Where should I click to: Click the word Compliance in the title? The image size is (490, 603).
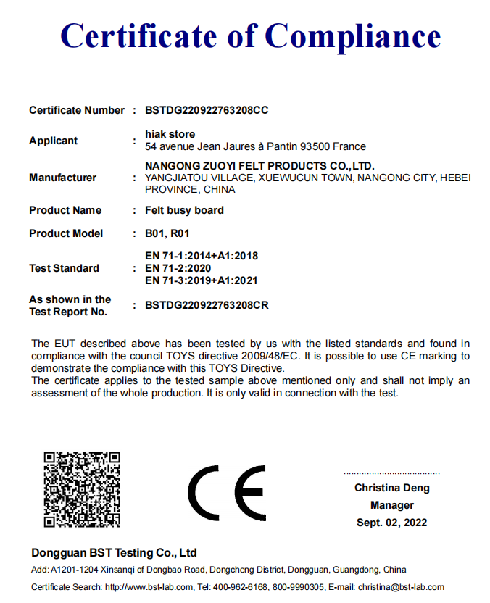(353, 36)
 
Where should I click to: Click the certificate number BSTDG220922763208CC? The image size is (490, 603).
(207, 110)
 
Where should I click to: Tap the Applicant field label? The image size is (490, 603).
(53, 141)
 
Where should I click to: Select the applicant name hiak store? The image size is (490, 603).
(170, 134)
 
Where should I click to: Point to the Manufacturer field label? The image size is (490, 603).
(62, 178)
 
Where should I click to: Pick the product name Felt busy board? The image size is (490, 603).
(184, 210)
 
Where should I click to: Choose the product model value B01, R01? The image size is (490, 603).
(167, 233)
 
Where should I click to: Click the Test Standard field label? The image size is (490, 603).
(64, 268)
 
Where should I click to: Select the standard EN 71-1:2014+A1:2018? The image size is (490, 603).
(202, 256)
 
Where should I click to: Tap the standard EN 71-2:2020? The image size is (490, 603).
(178, 268)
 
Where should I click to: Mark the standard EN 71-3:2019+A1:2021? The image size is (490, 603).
(202, 280)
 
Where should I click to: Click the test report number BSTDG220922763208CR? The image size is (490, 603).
(207, 305)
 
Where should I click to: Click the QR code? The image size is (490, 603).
(81, 489)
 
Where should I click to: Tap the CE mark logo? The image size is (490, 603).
(226, 493)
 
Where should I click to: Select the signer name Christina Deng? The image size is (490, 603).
(391, 488)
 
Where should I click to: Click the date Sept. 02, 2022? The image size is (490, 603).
(391, 523)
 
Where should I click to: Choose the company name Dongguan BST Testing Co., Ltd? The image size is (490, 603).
(114, 552)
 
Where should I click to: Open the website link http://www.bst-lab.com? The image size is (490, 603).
(149, 587)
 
